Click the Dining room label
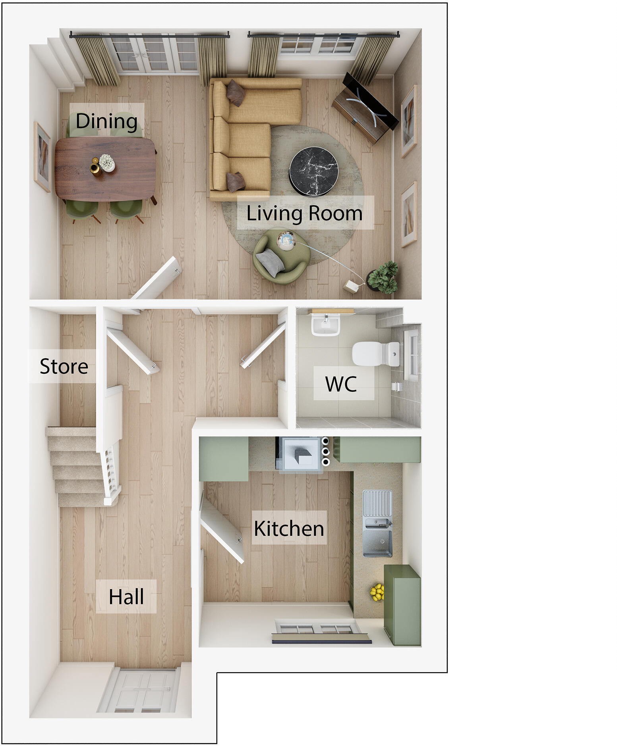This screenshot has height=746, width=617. (106, 121)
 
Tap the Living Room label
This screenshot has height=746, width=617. (304, 213)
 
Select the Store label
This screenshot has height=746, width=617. (64, 366)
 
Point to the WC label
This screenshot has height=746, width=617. (341, 384)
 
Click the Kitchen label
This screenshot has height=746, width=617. (289, 528)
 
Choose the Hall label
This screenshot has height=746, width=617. (126, 596)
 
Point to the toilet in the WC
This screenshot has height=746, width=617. (375, 354)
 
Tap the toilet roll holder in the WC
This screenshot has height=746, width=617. (396, 386)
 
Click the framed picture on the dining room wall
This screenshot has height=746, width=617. (42, 157)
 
